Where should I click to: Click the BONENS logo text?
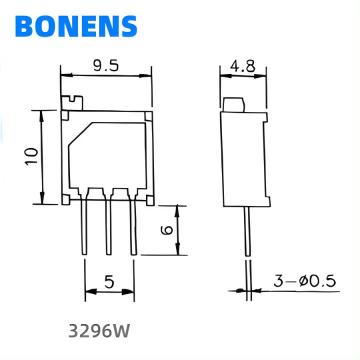(x=76, y=26)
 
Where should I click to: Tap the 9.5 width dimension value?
(x=106, y=66)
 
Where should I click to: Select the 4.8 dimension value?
(x=243, y=67)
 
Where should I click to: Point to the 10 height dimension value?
(x=32, y=156)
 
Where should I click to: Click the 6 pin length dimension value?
(x=167, y=230)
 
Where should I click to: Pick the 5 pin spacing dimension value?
(x=109, y=282)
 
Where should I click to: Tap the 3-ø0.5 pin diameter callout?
(x=304, y=282)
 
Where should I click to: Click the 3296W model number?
(x=99, y=331)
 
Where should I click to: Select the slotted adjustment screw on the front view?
(x=72, y=103)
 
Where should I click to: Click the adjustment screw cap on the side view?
(x=234, y=105)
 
